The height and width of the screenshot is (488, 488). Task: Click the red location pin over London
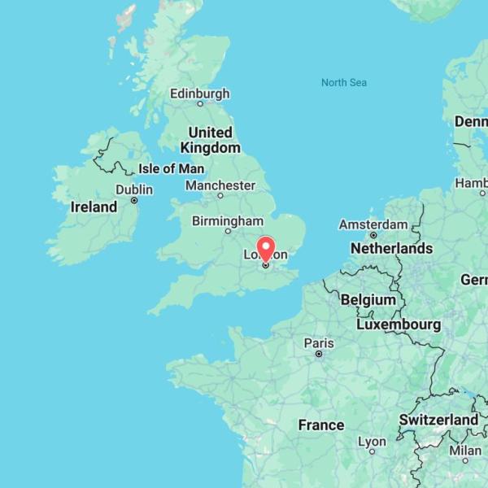click(x=266, y=247)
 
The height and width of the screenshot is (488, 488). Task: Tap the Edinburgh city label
click(x=199, y=94)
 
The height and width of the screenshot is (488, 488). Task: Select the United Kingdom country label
click(x=210, y=140)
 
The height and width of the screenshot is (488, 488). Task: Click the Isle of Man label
click(x=171, y=168)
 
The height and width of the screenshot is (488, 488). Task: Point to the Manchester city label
click(x=220, y=185)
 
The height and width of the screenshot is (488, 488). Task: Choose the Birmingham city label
click(x=227, y=221)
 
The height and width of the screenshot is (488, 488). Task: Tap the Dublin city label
click(x=133, y=189)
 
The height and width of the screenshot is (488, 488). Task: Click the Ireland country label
click(x=94, y=207)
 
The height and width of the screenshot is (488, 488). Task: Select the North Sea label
click(x=343, y=82)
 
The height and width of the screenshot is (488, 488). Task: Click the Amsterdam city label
click(x=373, y=224)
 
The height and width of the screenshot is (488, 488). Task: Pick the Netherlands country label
click(x=391, y=248)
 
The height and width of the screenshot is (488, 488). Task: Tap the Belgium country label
click(x=368, y=299)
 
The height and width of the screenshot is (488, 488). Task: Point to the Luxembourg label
click(x=399, y=325)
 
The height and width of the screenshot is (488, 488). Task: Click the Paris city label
click(x=319, y=343)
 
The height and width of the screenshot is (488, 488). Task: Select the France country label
click(x=320, y=425)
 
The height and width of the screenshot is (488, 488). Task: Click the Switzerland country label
click(x=438, y=420)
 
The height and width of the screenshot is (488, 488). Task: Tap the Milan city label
click(x=465, y=450)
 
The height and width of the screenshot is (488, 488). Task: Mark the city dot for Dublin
click(x=134, y=200)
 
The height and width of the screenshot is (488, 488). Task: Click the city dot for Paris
click(x=319, y=354)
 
